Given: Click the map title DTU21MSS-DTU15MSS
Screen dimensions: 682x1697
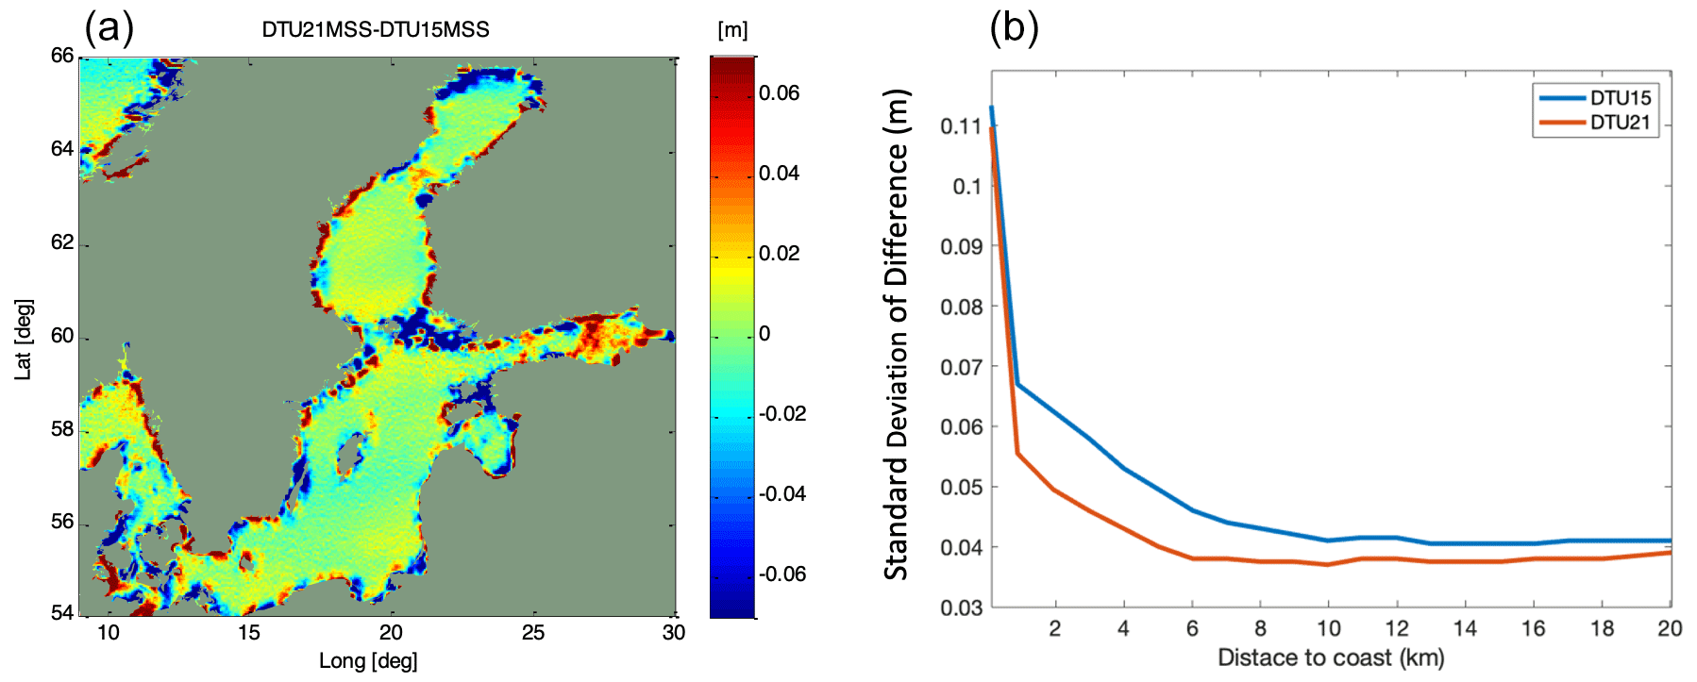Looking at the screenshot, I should click(376, 30).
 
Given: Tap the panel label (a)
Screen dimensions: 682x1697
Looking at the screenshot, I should click(109, 27).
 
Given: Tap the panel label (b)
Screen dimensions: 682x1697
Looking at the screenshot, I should click(1014, 27).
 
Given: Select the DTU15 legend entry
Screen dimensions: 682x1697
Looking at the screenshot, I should click(1620, 98).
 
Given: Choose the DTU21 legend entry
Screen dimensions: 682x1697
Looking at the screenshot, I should click(1620, 123).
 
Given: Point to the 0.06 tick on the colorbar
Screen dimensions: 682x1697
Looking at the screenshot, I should click(779, 93).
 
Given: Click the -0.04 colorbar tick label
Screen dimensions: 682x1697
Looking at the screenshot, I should click(782, 494).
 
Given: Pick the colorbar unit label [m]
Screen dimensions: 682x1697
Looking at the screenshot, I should click(732, 30).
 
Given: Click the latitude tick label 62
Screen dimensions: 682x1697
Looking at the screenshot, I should click(62, 242).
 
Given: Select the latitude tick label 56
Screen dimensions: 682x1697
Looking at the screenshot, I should click(62, 523).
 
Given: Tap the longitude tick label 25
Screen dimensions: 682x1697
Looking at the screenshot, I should click(533, 633).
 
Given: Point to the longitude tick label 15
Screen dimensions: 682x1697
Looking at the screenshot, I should click(248, 633).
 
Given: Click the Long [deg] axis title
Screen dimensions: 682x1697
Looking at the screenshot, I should click(368, 661).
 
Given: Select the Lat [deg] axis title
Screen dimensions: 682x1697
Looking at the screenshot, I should click(24, 340).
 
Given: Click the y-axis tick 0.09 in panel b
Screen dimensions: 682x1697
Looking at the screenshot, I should click(961, 247).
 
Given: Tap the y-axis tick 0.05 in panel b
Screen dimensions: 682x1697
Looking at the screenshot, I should click(961, 488).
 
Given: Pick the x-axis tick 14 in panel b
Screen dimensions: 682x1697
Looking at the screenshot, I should click(1465, 629).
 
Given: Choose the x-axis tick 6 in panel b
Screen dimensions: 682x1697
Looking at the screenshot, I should click(1192, 629).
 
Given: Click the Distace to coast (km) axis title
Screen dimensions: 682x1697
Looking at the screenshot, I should click(1331, 658).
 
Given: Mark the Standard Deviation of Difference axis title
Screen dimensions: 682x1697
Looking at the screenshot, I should click(896, 335).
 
